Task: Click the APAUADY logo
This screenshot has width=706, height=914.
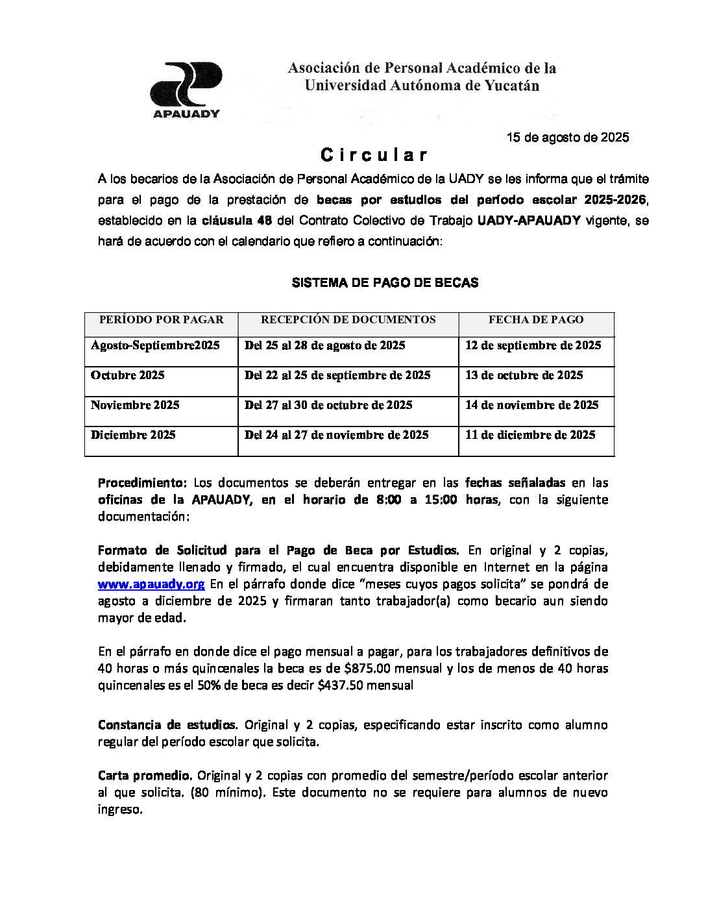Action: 186,90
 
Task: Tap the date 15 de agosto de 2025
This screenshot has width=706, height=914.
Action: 567,138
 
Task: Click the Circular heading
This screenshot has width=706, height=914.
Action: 374,155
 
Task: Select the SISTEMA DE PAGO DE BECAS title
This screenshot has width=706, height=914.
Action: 385,282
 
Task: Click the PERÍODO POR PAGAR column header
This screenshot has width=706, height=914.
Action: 161,319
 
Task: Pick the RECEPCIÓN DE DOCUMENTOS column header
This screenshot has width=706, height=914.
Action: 348,319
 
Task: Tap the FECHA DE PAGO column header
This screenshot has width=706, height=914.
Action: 535,319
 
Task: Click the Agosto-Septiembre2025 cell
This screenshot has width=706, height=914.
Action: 155,345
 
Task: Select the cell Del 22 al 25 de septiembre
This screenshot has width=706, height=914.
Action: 337,375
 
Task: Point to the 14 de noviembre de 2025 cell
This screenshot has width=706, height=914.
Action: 531,405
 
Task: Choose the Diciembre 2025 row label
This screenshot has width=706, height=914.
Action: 133,435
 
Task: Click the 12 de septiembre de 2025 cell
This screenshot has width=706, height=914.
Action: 533,345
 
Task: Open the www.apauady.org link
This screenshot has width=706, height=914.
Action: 151,584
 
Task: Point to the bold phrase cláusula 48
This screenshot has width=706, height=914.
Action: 236,221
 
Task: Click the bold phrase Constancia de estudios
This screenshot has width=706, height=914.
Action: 167,725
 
